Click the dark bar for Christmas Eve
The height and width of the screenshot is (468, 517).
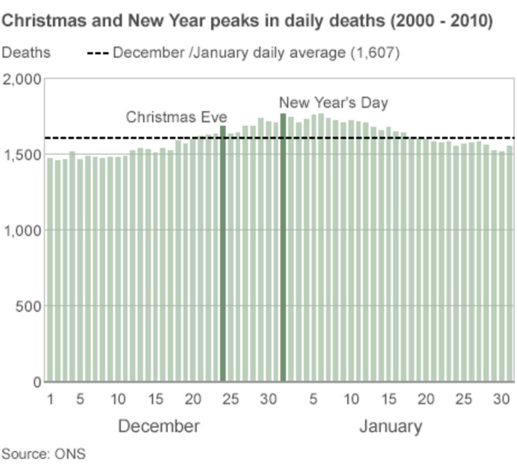(223, 259)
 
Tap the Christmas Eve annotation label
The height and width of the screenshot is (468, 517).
(176, 117)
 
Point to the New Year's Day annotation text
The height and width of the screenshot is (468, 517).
(333, 102)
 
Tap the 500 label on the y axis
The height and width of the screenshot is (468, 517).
(28, 306)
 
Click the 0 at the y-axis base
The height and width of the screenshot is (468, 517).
(37, 382)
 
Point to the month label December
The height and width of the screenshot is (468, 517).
(159, 427)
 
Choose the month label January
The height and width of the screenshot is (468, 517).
(390, 427)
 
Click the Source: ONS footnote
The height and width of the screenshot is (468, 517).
(43, 454)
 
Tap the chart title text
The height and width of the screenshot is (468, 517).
(248, 21)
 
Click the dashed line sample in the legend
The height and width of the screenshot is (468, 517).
(98, 52)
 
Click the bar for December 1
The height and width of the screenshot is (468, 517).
(50, 271)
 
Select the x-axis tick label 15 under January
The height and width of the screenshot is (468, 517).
(388, 399)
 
